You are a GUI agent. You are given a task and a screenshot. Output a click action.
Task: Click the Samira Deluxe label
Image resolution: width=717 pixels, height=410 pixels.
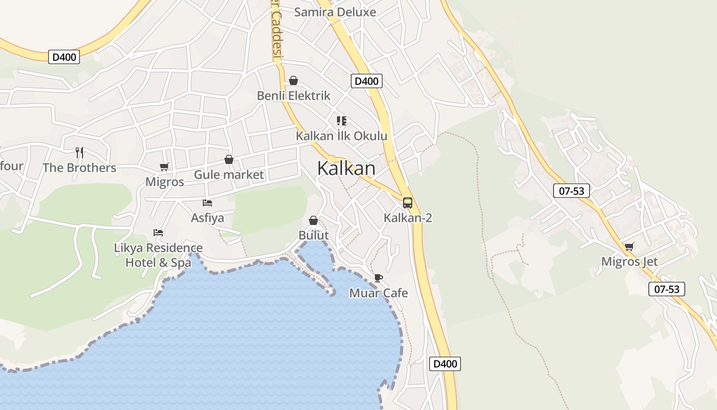(335, 12)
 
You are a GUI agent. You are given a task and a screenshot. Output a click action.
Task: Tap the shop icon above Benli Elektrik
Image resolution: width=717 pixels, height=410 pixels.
(293, 80)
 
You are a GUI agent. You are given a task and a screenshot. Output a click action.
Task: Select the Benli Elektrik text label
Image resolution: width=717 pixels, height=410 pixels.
(293, 96)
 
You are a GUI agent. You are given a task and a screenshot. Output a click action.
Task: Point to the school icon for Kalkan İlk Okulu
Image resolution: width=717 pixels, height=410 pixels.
(342, 121)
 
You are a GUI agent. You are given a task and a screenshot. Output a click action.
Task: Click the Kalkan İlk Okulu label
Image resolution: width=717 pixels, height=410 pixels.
(342, 136)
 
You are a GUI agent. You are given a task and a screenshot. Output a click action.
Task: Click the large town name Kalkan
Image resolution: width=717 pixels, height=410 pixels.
(346, 168)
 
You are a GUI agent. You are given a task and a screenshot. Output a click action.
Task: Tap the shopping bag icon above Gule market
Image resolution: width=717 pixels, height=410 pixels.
(229, 159)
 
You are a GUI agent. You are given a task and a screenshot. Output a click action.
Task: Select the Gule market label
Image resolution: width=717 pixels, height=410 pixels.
(229, 175)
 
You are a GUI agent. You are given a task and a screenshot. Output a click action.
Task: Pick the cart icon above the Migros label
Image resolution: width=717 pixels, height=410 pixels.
(164, 167)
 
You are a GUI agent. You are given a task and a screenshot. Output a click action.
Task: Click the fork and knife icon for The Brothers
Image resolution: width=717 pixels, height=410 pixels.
(79, 152)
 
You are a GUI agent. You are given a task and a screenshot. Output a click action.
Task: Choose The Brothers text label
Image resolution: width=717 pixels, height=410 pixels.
(79, 168)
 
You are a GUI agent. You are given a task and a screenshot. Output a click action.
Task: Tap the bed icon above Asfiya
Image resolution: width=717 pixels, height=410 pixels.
(207, 203)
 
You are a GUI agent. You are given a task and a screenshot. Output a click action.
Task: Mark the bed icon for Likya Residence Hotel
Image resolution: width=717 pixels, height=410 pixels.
(158, 233)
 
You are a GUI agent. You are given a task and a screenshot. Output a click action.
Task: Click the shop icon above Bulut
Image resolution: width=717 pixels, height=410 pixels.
(313, 220)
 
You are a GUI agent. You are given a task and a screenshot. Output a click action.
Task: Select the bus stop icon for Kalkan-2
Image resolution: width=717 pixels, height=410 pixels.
(408, 203)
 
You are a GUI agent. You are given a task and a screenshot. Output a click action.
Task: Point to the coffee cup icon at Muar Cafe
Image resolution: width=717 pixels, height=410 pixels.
(378, 278)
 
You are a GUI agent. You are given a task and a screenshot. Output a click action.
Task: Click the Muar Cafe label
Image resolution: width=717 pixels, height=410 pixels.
(378, 293)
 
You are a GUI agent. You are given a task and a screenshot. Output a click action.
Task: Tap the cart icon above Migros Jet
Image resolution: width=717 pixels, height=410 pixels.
(629, 247)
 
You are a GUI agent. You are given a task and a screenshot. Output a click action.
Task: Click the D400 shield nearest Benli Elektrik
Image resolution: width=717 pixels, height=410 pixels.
(367, 81)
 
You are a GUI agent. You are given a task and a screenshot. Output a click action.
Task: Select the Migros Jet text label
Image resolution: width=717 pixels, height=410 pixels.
(629, 262)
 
